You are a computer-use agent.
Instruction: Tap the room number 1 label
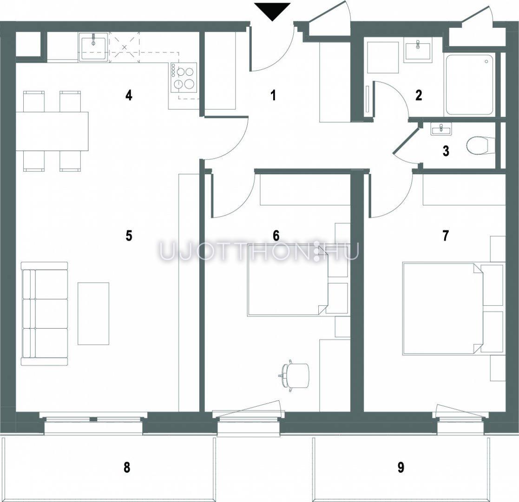(x=273, y=96)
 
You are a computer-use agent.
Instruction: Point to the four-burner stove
(x=184, y=78)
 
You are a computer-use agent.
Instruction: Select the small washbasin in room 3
(x=441, y=128)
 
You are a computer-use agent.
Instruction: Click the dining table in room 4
(x=52, y=132)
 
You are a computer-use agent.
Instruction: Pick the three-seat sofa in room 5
(x=44, y=314)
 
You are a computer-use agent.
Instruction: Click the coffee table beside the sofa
(x=93, y=314)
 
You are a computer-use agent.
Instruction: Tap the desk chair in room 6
(x=295, y=375)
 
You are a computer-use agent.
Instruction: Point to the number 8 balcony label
(x=127, y=468)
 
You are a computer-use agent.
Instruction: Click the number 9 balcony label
(x=401, y=468)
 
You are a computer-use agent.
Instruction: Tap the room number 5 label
(x=129, y=236)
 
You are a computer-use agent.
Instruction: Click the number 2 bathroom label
(x=419, y=96)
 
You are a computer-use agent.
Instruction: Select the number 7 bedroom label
(x=446, y=236)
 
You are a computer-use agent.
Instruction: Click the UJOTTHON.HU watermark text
(x=259, y=251)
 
